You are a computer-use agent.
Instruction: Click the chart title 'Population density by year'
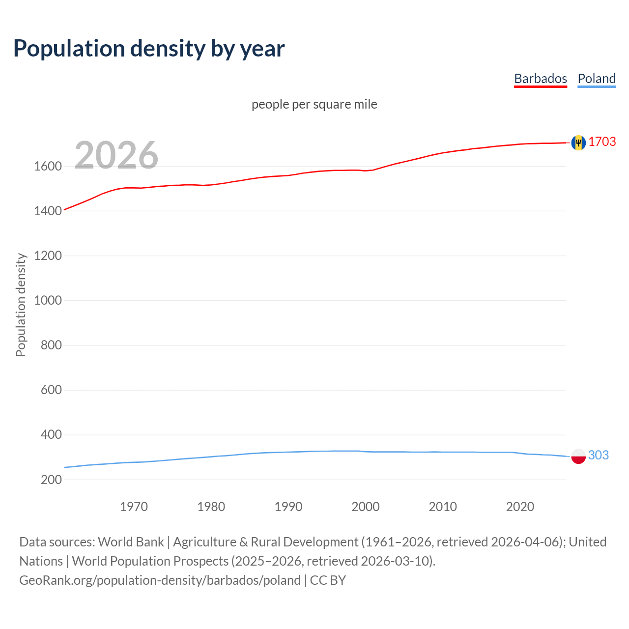(149, 48)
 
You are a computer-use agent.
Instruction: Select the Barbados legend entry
(540, 79)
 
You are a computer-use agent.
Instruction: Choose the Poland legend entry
(597, 79)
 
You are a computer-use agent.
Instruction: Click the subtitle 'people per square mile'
(314, 104)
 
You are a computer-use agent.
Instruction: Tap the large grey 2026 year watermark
(116, 155)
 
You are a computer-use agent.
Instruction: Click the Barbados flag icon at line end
(578, 143)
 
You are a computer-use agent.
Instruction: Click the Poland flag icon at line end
(578, 456)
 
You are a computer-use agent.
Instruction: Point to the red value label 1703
(602, 142)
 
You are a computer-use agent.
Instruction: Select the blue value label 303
(598, 455)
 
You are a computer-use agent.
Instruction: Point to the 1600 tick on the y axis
(48, 166)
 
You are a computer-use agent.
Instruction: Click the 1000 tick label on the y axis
(48, 300)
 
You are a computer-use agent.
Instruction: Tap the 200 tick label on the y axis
(51, 480)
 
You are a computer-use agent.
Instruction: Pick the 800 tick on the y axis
(51, 345)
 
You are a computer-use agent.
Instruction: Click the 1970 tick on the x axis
(134, 507)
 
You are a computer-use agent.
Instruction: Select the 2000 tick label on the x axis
(365, 507)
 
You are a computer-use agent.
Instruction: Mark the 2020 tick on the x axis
(520, 507)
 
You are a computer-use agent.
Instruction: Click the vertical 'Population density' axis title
(21, 305)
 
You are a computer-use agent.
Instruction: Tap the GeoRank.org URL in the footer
(160, 580)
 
